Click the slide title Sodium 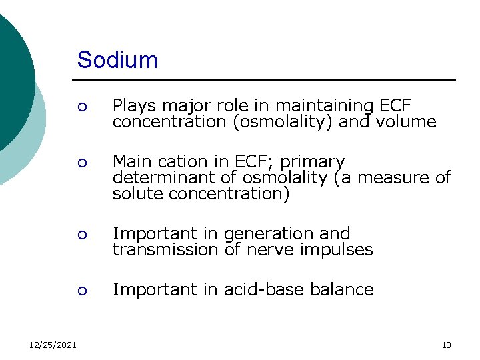pos(117,60)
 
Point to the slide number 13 pos(446,345)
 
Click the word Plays pos(131,107)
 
